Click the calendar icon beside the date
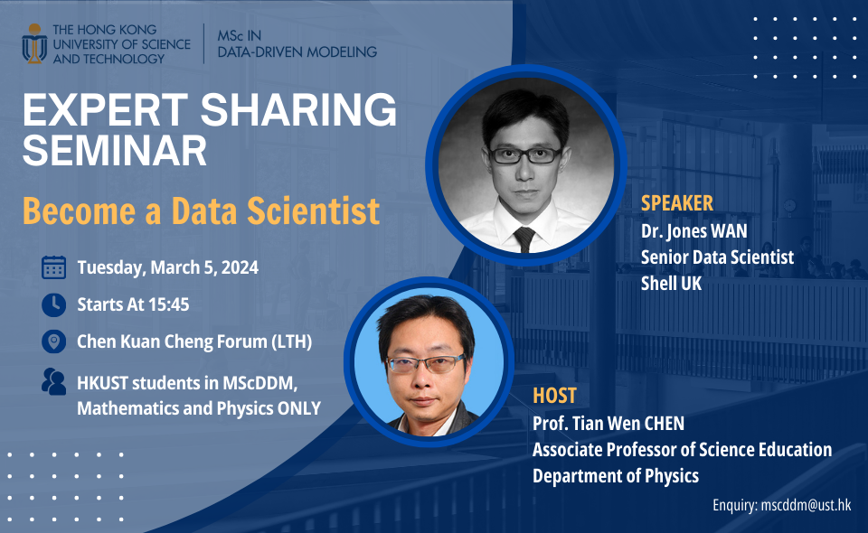(x=54, y=267)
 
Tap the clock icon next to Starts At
(x=54, y=304)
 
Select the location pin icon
(x=54, y=341)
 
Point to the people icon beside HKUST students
(x=54, y=381)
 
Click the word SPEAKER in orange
(x=677, y=202)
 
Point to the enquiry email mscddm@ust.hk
(x=803, y=506)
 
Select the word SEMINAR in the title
(x=115, y=150)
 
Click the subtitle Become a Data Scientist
(x=201, y=211)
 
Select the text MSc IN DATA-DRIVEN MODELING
(x=297, y=43)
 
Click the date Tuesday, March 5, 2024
(x=168, y=267)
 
